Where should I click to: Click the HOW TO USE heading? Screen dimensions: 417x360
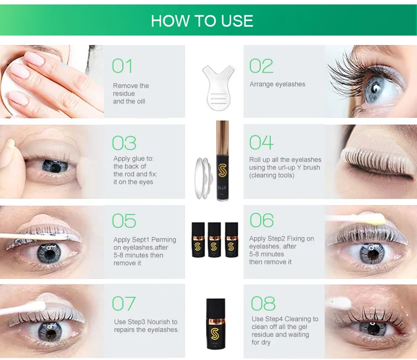point(202,21)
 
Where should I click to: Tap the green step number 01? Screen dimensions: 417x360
point(122,66)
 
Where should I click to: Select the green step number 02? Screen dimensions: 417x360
point(261,66)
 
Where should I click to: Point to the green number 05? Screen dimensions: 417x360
point(124,221)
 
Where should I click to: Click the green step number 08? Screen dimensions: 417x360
point(263,303)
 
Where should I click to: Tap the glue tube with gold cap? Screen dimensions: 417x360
point(222,161)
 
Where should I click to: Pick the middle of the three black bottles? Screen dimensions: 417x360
point(215,239)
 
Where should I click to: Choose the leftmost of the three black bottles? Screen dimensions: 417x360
point(198,239)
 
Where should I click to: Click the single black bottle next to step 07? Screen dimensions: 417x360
point(216,324)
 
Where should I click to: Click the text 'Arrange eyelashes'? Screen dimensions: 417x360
point(277,84)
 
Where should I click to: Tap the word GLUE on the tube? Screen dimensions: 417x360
point(222,188)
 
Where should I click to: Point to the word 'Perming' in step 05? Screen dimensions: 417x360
point(163,240)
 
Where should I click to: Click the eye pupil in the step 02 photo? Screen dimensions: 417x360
point(376,88)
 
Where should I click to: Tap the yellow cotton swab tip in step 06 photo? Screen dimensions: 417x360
point(380,218)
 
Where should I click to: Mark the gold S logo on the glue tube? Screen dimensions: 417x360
point(222,171)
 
